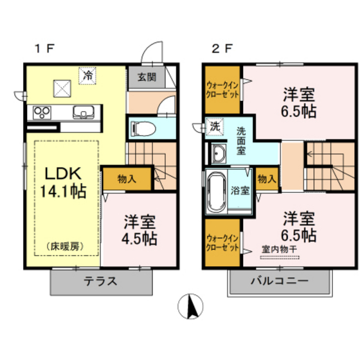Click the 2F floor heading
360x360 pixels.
coord(222,48)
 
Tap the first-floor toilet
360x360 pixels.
coord(143,128)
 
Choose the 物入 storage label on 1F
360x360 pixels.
coord(127,178)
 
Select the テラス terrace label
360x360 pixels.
coord(100,281)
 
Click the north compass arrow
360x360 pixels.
coord(191,305)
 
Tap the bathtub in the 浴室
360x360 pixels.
coord(216,192)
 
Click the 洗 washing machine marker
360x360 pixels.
coord(215,127)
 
